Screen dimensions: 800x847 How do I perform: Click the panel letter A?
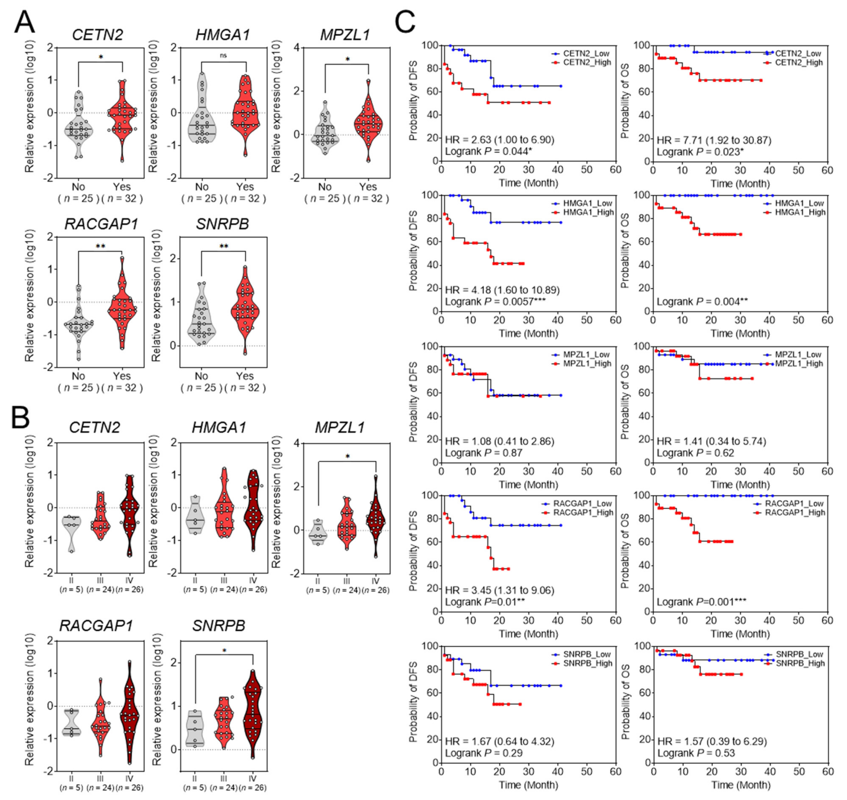pos(24,22)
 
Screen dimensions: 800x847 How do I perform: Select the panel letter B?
pos(20,418)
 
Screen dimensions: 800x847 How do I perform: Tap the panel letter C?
pos(405,22)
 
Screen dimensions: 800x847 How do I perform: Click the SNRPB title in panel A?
pos(222,224)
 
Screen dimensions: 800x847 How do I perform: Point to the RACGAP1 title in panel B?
pos(96,626)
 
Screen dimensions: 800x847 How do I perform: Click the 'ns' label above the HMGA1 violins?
pos(223,55)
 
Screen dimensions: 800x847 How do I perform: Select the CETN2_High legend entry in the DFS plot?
pos(587,62)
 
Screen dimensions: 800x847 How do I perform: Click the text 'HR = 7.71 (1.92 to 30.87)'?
pos(714,140)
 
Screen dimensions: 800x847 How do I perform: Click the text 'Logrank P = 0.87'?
pos(483,453)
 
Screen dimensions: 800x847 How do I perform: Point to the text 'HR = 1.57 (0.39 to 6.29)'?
pos(712,741)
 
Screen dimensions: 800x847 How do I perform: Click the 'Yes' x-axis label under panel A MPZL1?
pos(368,187)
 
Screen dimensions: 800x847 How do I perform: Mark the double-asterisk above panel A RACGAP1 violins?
pos(100,246)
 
